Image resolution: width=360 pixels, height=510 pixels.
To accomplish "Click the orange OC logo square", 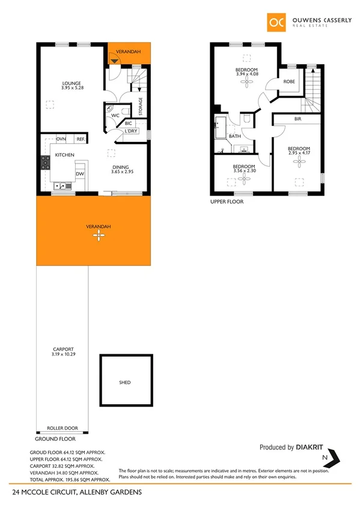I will point(277,23).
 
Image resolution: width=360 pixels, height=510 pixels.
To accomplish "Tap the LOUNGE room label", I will point(72,83).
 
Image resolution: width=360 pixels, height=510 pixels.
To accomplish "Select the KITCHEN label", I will point(64,155).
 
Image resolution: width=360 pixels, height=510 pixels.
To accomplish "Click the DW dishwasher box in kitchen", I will point(79,174).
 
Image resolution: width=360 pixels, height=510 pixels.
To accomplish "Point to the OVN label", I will point(61,139).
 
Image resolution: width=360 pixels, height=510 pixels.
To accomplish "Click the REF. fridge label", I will point(81,139).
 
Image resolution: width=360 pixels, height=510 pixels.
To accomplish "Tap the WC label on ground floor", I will point(114,115).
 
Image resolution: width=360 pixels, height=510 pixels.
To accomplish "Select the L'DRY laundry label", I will point(131,130).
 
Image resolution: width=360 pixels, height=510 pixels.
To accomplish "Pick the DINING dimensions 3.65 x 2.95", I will point(122,172).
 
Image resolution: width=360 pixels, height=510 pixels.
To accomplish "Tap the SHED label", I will point(124,382).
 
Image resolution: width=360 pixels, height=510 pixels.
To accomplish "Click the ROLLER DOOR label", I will point(63,428).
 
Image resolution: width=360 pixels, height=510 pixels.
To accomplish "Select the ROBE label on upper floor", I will point(289,81).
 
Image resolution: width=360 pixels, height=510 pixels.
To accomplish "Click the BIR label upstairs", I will point(297,120).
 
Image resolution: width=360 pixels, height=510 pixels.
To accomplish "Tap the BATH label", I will point(234,136).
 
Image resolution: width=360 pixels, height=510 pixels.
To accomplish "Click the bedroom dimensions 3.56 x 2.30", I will point(243,171).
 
